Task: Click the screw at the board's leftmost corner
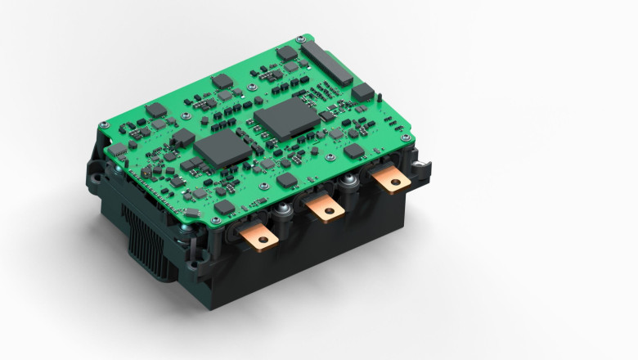coord(103,125)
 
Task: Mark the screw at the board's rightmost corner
coord(405,138)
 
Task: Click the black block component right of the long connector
coord(362,91)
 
